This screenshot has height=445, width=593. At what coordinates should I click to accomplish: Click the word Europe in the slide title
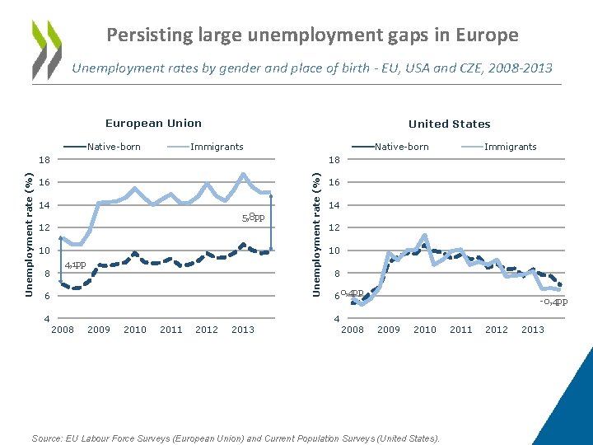(x=486, y=35)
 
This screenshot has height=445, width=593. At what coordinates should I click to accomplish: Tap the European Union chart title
(x=153, y=124)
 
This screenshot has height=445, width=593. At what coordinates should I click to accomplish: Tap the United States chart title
(x=449, y=124)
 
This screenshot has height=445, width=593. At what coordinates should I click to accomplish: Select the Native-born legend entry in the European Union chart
(x=114, y=147)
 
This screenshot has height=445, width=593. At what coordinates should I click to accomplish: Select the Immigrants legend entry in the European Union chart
(x=217, y=147)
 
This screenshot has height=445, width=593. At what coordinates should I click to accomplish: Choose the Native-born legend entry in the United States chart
(x=401, y=147)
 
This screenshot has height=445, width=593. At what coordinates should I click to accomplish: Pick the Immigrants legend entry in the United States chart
(x=510, y=147)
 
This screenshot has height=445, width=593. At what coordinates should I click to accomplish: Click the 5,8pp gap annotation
(x=252, y=218)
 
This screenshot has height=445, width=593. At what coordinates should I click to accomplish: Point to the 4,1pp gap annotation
(x=76, y=265)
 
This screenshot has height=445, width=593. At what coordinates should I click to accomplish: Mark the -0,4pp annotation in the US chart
(x=553, y=301)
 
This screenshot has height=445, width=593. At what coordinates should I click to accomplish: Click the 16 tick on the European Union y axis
(x=47, y=182)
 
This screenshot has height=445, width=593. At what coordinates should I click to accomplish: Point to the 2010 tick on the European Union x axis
(x=135, y=330)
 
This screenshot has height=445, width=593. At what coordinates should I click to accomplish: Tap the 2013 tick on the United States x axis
(x=533, y=330)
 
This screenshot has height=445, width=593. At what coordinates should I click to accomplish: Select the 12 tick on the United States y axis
(x=334, y=228)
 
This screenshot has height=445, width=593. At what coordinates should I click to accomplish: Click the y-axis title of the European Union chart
(x=29, y=234)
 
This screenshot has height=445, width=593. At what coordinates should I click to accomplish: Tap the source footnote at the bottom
(x=236, y=438)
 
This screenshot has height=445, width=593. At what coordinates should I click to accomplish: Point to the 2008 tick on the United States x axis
(x=353, y=330)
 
